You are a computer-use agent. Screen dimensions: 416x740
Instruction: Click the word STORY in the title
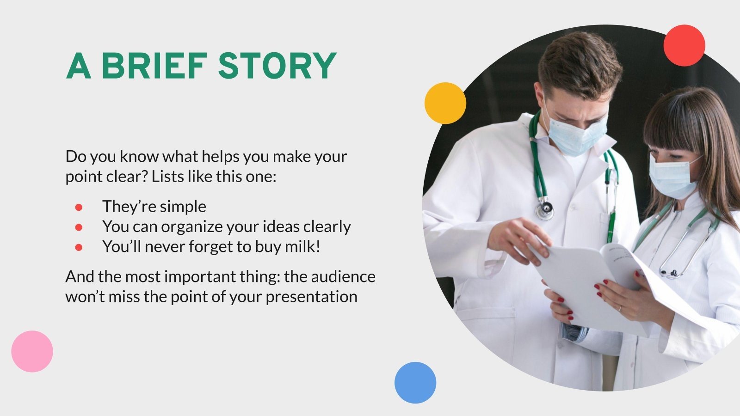pos(277,66)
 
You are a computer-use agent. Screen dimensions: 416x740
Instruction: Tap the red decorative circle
pos(684,45)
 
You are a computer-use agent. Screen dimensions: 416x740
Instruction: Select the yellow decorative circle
pos(445,103)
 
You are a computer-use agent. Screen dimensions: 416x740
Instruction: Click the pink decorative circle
pos(32,351)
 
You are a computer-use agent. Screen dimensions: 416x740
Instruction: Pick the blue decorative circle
pos(415,382)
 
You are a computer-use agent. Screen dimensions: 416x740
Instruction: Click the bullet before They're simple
pos(79,207)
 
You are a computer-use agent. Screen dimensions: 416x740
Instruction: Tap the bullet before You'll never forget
pos(79,247)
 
